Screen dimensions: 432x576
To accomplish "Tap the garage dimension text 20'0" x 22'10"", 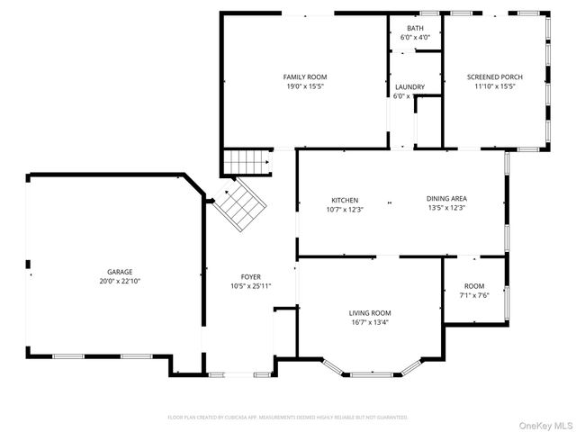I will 121,281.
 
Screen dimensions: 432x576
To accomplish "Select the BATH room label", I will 414,28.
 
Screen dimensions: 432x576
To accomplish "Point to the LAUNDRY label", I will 409,86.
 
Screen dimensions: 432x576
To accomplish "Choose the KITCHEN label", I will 345,200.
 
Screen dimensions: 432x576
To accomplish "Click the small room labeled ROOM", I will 473,285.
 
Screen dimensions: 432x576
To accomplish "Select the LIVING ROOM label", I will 370,312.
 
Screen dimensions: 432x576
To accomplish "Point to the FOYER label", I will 250,277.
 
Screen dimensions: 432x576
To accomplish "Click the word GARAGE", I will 121,272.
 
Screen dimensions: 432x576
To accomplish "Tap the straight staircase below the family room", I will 247,163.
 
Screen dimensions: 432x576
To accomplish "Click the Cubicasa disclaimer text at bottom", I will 288,418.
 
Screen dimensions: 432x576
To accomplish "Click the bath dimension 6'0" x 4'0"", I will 414,38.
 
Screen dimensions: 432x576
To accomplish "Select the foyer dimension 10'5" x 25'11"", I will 250,286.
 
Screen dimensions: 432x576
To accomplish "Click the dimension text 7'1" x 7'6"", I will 473,294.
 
